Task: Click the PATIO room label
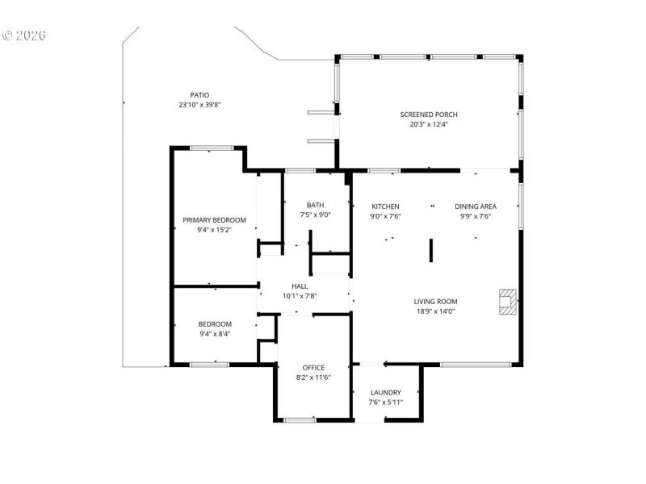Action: click(199, 95)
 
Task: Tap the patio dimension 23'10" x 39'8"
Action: click(199, 105)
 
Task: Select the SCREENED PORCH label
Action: click(428, 115)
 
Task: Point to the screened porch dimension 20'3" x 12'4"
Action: click(428, 124)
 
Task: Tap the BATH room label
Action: click(315, 205)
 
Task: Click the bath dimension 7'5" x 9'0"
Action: click(315, 215)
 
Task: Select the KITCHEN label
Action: click(385, 207)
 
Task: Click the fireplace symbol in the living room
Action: click(508, 301)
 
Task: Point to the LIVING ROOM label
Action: click(436, 302)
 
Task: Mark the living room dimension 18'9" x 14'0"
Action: click(436, 311)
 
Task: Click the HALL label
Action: click(300, 286)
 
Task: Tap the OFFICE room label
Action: click(313, 368)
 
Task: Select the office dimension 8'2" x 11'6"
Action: click(313, 378)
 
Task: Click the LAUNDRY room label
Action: click(385, 393)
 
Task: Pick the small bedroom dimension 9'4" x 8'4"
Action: click(215, 334)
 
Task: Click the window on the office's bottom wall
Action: click(300, 419)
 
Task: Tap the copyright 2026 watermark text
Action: click(24, 35)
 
